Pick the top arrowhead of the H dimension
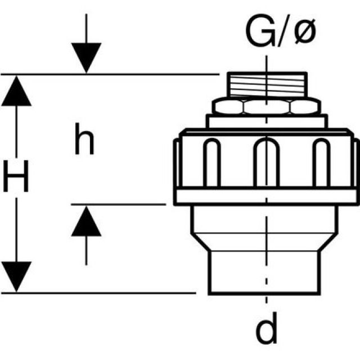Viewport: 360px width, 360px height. coord(16,90)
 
